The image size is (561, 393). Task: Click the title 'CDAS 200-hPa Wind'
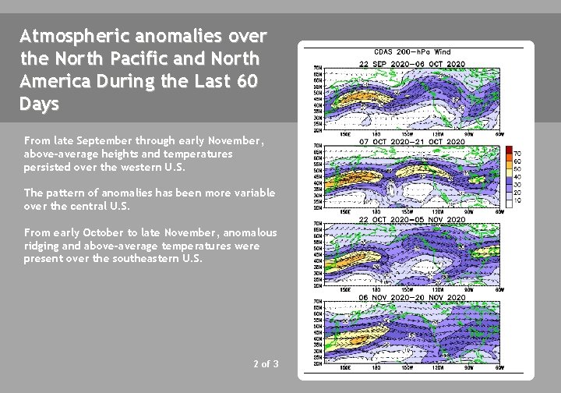tap(412, 52)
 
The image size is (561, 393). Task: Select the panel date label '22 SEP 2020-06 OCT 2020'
tap(412, 63)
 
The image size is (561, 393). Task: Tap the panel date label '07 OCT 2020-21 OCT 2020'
tap(412, 141)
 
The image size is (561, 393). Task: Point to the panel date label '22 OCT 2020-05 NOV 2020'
tap(412, 220)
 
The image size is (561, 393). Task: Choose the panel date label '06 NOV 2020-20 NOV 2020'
tap(412, 298)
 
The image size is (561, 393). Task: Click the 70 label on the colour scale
tap(518, 153)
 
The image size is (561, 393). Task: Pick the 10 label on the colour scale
tap(518, 200)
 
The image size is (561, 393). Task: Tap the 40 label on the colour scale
tap(518, 176)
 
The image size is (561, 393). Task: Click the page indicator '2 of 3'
tap(266, 364)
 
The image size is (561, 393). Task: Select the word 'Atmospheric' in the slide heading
tap(68, 37)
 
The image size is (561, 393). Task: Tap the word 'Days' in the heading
tap(39, 104)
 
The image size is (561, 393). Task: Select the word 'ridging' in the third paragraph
tap(41, 246)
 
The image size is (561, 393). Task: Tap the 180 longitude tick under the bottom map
tap(375, 367)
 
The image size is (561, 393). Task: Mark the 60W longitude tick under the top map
tap(499, 133)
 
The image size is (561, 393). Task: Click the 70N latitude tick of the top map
tap(318, 68)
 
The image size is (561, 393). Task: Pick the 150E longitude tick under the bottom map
tap(343, 367)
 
